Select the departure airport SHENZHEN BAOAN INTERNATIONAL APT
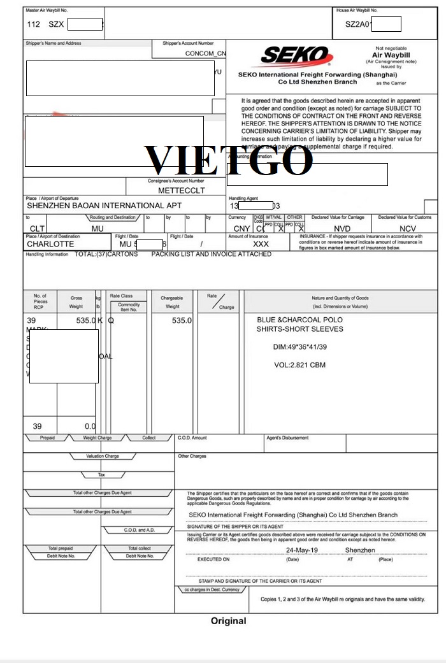point(104,206)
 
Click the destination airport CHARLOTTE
point(50,244)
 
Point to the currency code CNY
point(241,229)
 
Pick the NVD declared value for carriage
point(342,229)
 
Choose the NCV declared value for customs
point(407,229)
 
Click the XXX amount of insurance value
point(261,244)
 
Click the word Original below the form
point(228,621)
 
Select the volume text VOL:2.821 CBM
point(299,366)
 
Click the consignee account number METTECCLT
point(182,190)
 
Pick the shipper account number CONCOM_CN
point(205,53)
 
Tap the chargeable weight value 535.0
point(182,320)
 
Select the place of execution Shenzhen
point(360,550)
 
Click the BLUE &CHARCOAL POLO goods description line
point(299,320)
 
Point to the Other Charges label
point(192,456)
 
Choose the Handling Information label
point(47,255)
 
